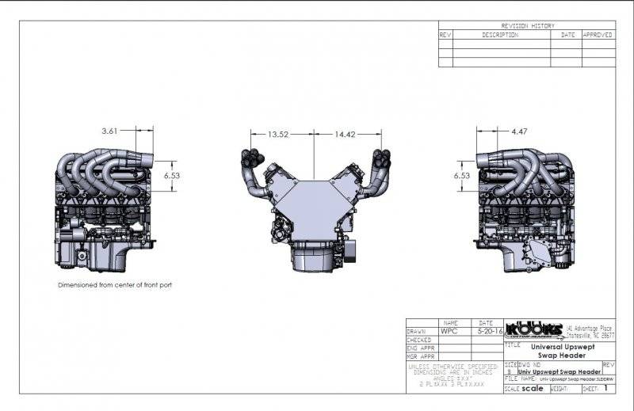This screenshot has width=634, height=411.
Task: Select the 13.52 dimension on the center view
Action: point(278,134)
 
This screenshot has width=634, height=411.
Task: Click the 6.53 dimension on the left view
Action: point(172,175)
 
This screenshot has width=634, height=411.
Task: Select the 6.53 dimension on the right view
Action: point(461,175)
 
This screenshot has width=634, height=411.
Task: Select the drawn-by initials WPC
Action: point(449,332)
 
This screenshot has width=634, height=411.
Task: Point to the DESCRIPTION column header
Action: point(500,35)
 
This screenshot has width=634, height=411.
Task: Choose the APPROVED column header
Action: point(598,35)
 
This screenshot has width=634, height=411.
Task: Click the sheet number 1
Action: point(606,389)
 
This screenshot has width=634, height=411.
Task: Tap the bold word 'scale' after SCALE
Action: point(533,389)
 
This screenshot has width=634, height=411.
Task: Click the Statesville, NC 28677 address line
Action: point(590,334)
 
